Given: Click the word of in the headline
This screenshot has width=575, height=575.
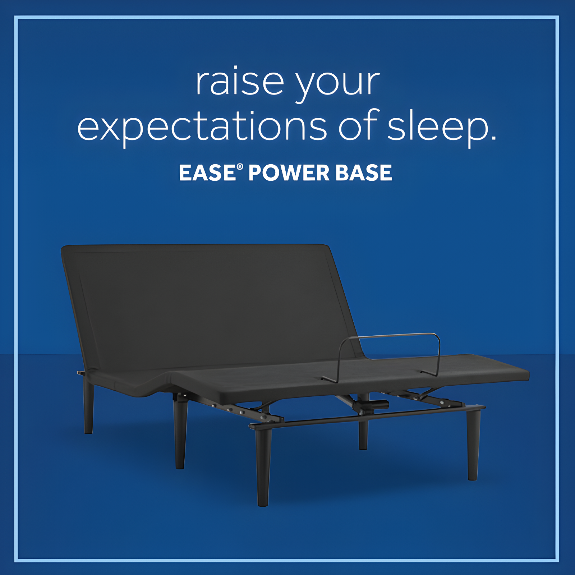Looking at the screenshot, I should (358, 125).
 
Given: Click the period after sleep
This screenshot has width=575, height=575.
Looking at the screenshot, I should (493, 137).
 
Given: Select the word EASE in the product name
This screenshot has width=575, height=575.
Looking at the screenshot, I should (207, 173).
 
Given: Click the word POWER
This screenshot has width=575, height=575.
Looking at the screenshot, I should (289, 173).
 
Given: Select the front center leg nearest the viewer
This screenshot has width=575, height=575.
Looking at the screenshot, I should (263, 467).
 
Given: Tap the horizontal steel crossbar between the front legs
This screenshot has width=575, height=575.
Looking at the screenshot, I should (359, 417).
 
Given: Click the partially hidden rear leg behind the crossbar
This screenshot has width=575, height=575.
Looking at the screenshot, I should (363, 437).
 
